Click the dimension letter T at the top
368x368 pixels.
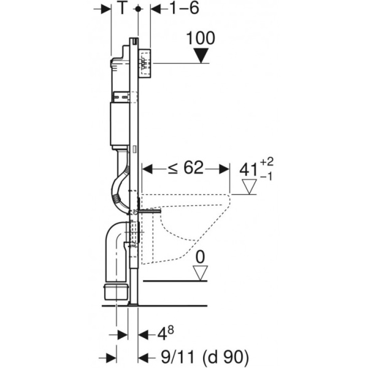[x=123, y=9]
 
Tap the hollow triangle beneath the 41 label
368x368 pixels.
[x=250, y=186]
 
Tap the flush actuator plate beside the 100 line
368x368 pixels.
[x=146, y=63]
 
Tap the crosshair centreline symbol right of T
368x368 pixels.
[x=139, y=9]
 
